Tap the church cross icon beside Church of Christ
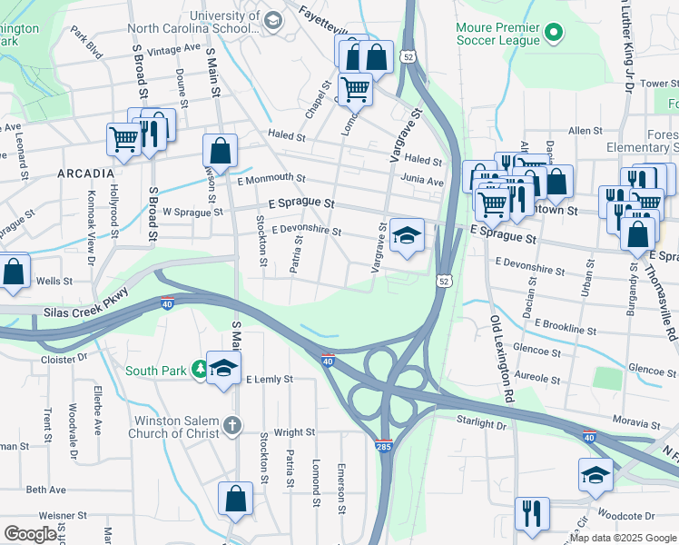click(232, 425)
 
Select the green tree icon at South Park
click(199, 370)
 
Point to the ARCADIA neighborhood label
click(85, 173)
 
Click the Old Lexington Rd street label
click(502, 359)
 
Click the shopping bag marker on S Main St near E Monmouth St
click(220, 150)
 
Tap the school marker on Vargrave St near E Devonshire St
click(408, 237)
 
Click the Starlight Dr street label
click(481, 424)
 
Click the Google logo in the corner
click(30, 534)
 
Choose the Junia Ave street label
click(422, 182)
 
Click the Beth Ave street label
click(45, 490)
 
